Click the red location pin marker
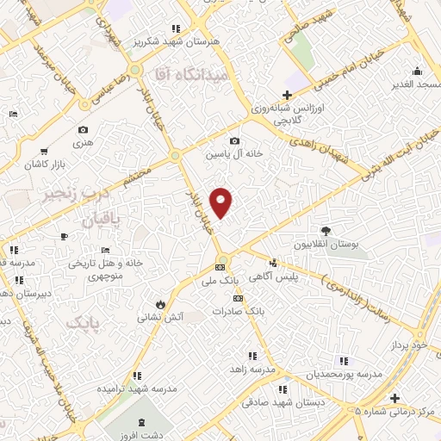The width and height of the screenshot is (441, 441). point(222,202)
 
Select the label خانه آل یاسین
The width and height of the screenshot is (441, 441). point(233,155)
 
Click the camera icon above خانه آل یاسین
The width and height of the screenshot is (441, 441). point(234,141)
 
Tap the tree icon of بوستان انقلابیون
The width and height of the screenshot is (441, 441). point(326,231)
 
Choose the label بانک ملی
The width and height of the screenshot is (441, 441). point(219,282)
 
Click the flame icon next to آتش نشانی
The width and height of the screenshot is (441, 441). point(160,303)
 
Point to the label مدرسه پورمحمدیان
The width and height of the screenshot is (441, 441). point(344,376)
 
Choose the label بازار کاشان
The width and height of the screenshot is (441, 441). point(47,164)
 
